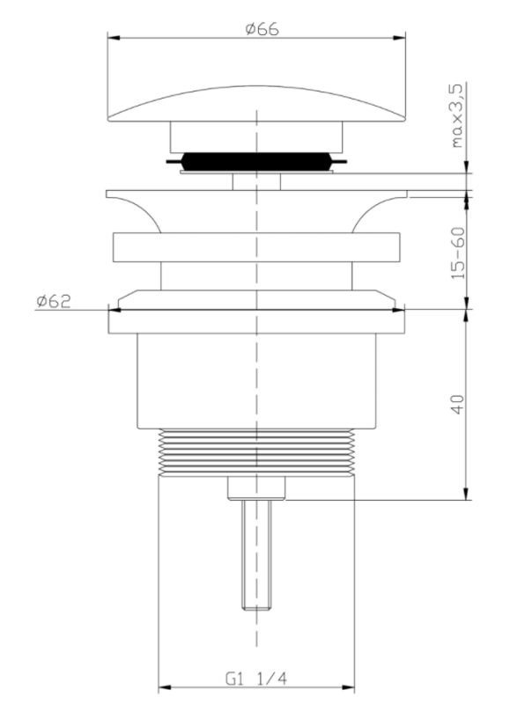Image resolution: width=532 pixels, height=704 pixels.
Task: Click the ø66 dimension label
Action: [x=262, y=29]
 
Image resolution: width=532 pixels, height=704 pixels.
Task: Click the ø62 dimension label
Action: [x=54, y=301]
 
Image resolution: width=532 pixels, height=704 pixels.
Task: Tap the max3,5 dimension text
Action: [x=456, y=116]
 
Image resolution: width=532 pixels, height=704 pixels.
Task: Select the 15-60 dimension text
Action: [x=457, y=253]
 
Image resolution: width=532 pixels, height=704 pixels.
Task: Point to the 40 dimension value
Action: [x=457, y=405]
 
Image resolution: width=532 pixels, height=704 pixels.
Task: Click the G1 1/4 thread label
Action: [x=255, y=678]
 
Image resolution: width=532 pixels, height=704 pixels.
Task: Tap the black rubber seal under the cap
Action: [x=256, y=161]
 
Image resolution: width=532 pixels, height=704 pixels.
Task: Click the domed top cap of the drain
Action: [x=256, y=104]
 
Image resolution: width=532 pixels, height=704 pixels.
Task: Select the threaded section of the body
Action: [x=256, y=451]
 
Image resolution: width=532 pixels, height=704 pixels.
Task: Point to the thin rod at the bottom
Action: [x=256, y=555]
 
